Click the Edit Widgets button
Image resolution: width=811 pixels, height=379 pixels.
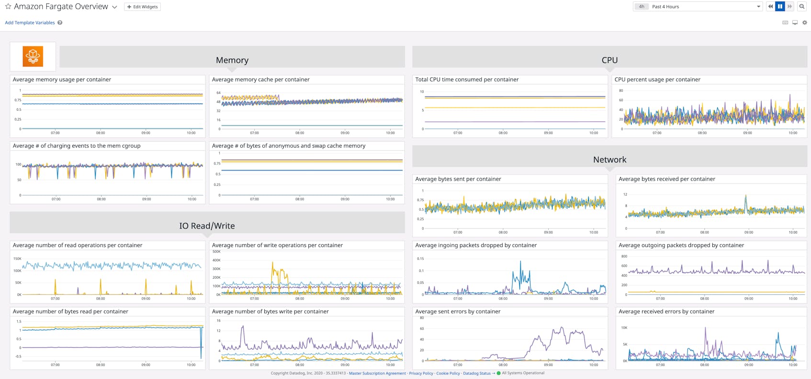pos(142,7)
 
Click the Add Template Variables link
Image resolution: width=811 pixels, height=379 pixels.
pos(30,22)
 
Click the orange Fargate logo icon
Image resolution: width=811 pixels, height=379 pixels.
pos(33,56)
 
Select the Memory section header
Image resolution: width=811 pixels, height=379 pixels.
pos(232,60)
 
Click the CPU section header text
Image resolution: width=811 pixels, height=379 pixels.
pos(609,60)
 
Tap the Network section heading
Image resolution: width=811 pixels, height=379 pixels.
pos(609,160)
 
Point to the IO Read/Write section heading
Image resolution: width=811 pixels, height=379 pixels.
pos(207,226)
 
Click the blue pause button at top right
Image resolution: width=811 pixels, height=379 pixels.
pos(780,7)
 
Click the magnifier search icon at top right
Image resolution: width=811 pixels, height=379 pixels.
pos(802,7)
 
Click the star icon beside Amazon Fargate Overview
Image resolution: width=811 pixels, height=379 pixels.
pos(8,7)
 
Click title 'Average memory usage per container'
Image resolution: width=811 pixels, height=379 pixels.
pos(62,79)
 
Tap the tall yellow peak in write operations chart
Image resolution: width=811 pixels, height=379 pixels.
pos(273,263)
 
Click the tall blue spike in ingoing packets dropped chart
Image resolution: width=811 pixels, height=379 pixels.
pos(520,262)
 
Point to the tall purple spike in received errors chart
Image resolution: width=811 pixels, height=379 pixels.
pos(706,329)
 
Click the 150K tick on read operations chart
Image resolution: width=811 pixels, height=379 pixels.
pos(17,259)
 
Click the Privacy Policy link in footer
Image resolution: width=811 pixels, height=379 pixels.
pos(421,373)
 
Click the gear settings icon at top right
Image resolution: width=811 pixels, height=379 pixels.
pos(805,22)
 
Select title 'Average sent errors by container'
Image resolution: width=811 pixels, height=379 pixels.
pos(458,311)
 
